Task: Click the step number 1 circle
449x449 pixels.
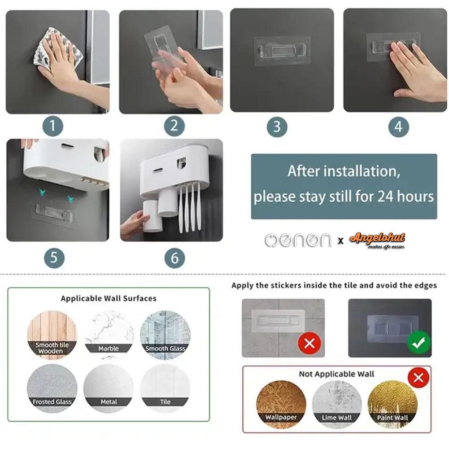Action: pos(52,126)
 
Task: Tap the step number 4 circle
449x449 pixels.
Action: pos(399,127)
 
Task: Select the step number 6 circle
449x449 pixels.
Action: pos(174,258)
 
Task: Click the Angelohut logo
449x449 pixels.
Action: pos(377,240)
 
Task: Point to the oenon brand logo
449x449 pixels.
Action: pos(298,240)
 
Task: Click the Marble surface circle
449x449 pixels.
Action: pos(109,335)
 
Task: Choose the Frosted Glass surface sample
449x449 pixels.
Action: pos(52,388)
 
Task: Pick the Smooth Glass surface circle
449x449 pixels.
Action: pos(165,335)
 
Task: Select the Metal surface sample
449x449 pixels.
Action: pos(109,388)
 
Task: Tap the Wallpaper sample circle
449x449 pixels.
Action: pos(281,405)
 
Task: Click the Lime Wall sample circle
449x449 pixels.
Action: pos(337,405)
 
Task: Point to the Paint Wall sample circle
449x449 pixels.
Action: pos(392,405)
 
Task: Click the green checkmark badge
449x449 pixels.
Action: pos(419,342)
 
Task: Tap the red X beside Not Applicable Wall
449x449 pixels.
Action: pos(418,378)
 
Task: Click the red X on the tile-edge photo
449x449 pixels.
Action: pos(310,343)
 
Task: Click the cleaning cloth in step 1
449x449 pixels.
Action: pos(57,49)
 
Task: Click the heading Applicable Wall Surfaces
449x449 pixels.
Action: pos(109,298)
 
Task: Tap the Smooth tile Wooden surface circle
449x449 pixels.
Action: pos(52,335)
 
